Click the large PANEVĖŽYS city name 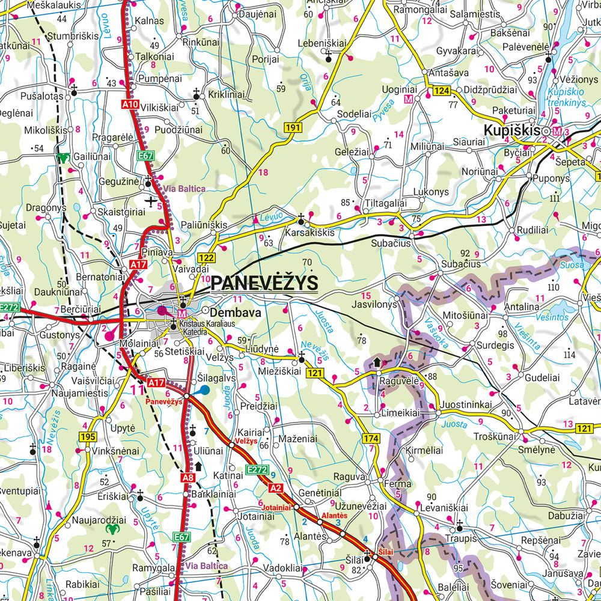point(265,282)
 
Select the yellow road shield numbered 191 point(293,127)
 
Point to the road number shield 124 point(442,91)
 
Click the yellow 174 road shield point(371,440)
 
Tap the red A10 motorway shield point(130,105)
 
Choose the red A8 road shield point(188,478)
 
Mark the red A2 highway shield point(276,487)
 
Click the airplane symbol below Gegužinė point(150,200)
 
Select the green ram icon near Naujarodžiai point(112,529)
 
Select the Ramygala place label point(154,567)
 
